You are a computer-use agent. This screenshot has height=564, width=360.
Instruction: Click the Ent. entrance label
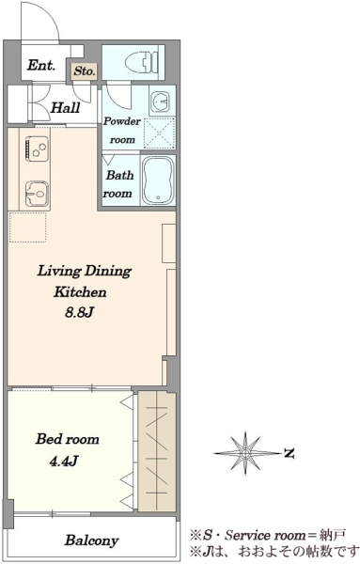(x=41, y=65)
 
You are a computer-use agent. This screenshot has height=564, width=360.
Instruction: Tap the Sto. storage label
(x=85, y=70)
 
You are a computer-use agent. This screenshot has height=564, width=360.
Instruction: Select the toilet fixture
(x=142, y=63)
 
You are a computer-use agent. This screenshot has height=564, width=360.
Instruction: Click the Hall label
(x=65, y=107)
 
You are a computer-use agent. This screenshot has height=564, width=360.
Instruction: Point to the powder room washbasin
(x=160, y=102)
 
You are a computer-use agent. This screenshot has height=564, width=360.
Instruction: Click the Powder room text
(x=121, y=131)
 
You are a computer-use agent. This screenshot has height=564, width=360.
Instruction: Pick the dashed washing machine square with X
(x=159, y=133)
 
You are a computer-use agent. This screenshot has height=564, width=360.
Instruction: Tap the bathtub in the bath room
(x=158, y=180)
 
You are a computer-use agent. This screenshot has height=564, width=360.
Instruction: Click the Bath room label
(x=118, y=184)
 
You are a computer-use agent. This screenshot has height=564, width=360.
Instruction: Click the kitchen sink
(x=37, y=194)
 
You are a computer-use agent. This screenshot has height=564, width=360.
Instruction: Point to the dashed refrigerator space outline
(x=27, y=227)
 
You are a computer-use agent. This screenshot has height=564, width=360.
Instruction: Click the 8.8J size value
(x=79, y=312)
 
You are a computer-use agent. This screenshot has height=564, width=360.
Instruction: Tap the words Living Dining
(x=85, y=271)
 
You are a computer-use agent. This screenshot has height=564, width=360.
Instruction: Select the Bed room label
(x=68, y=439)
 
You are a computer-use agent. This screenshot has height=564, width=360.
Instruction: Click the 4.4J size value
(x=63, y=461)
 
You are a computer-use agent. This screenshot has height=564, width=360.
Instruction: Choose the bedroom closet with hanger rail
(x=157, y=451)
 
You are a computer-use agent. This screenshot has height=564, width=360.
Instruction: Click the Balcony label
(x=91, y=540)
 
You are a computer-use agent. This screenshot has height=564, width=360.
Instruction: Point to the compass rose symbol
(x=245, y=453)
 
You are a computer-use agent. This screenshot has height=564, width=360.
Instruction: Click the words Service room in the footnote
(x=265, y=535)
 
